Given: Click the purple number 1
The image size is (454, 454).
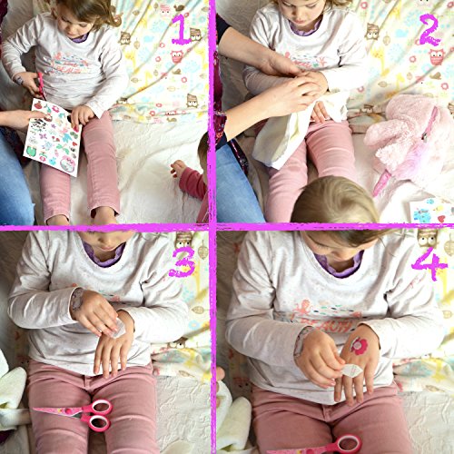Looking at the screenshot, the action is tap(181, 29).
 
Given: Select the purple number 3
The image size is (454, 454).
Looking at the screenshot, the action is tap(182, 262).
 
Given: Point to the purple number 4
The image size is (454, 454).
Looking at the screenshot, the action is tap(429, 265).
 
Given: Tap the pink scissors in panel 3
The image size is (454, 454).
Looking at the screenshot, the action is tap(74, 414).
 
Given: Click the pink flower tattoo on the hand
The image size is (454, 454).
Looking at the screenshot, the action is tap(360, 346).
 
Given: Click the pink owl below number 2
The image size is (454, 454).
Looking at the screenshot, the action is tap(436, 56).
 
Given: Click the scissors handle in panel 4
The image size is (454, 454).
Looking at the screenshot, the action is tap(348, 444).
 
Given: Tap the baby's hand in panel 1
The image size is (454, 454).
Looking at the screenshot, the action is tap(178, 167).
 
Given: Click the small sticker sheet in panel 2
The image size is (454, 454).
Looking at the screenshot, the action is tap(432, 211).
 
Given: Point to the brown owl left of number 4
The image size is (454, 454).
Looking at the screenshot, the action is tap(428, 237).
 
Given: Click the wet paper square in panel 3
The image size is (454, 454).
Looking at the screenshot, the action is tap(116, 329).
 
